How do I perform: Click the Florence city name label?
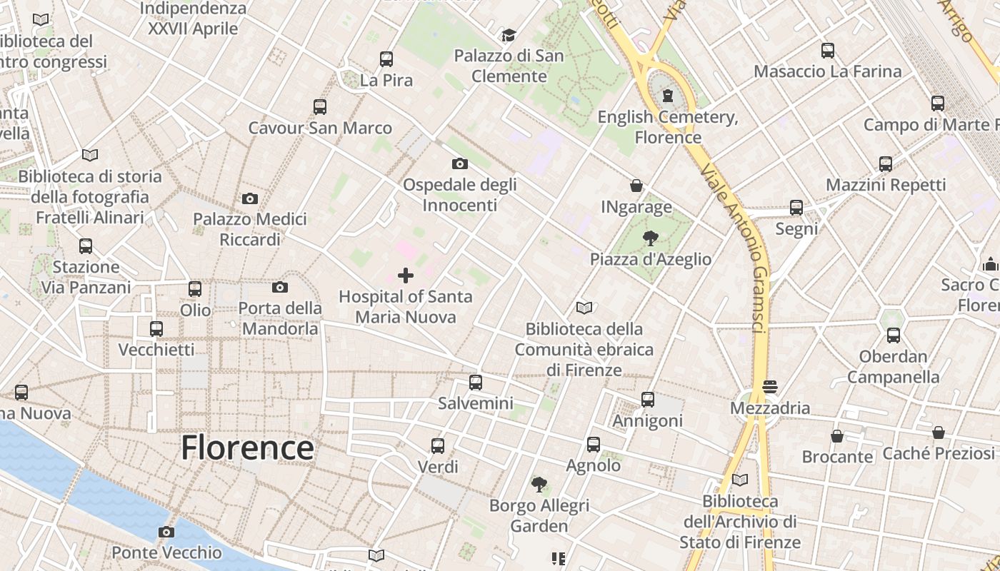[x=247, y=448]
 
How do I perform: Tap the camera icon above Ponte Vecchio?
[x=166, y=532]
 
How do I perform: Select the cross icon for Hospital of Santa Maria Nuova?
[x=406, y=276]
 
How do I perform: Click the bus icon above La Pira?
[x=386, y=59]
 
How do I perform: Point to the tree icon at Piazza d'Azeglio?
[x=650, y=238]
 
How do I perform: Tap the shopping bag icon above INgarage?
[x=636, y=186]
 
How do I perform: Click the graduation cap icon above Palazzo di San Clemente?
[x=509, y=35]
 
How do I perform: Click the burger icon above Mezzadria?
[x=769, y=387]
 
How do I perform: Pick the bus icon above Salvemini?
[x=476, y=383]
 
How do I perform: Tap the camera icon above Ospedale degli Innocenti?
[x=460, y=164]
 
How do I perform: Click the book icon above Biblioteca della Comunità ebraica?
[x=584, y=308]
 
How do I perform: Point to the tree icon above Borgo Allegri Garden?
[x=539, y=485]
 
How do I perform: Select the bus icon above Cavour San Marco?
[x=320, y=107]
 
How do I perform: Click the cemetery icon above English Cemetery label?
[x=668, y=96]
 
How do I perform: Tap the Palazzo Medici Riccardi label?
[x=250, y=229]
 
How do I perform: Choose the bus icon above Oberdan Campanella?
[x=893, y=335]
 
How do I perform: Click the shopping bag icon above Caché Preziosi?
[x=939, y=433]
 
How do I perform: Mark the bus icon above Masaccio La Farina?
[x=828, y=51]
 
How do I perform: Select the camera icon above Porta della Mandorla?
[x=280, y=288]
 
